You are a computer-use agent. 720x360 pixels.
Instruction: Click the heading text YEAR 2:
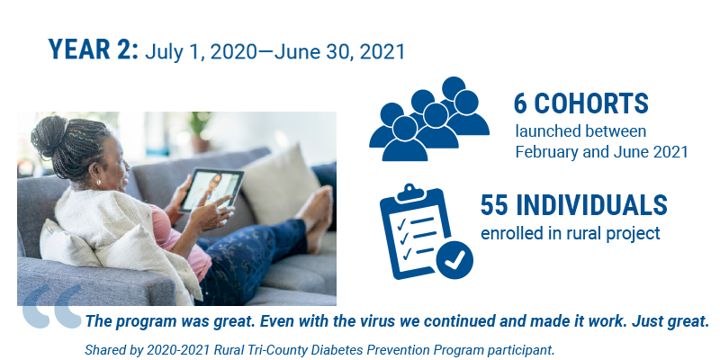[x=94, y=49]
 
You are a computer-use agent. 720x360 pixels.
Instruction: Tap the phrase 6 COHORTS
[x=580, y=103]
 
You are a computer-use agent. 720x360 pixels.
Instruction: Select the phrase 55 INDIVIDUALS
[x=573, y=205]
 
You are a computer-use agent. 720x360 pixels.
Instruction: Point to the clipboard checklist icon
[x=425, y=231]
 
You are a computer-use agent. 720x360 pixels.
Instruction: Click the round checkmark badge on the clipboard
[x=454, y=260]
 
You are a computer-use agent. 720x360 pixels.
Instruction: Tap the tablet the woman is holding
[x=211, y=190]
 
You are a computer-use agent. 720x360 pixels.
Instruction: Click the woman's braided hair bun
[x=49, y=137]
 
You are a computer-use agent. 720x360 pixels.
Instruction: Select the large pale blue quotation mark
[x=52, y=306]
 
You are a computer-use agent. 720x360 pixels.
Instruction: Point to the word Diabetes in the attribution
[x=334, y=350]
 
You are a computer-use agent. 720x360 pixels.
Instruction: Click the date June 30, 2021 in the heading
[x=339, y=52]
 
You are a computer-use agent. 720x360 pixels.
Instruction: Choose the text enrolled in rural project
[x=570, y=233]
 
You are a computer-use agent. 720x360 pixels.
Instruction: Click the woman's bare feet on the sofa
[x=316, y=217]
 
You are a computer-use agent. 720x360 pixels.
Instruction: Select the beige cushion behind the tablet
[x=279, y=184]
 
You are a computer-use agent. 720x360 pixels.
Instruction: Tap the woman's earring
[x=99, y=183]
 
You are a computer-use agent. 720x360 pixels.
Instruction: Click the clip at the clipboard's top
[x=411, y=193]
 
